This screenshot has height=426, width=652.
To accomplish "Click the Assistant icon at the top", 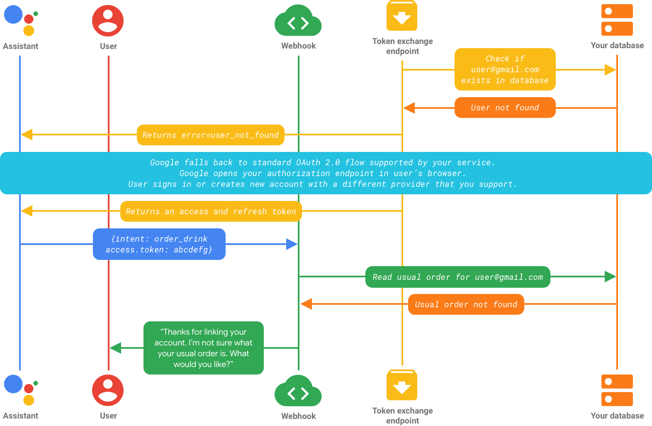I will point(20,20).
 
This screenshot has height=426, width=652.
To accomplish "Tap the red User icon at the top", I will point(108,21).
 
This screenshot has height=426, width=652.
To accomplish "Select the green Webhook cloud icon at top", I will point(298,21).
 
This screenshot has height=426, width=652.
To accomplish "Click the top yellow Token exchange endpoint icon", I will point(401,16).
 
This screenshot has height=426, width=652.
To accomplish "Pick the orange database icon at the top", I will point(617,20).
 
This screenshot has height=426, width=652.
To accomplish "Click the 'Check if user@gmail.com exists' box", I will point(505,69).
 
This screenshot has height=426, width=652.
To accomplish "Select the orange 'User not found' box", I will point(505,108).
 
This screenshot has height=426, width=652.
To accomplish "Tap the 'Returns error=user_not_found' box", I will point(210,135).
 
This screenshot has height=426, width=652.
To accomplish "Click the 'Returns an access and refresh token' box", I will point(211,211).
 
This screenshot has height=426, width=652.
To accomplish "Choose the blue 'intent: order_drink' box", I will point(159,244).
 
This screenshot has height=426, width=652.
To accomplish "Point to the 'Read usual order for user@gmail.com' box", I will point(457,277).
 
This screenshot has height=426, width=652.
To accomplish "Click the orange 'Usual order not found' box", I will point(466,304).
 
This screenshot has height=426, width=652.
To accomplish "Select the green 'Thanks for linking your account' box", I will point(203,348).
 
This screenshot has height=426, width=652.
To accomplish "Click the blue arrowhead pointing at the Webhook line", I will point(292,244).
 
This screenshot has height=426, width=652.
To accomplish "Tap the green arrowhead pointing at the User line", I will point(115,348).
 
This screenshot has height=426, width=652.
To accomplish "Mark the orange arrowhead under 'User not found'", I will point(409,108).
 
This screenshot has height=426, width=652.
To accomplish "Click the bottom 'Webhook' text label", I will point(298,416).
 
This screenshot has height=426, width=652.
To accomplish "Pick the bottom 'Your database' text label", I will point(617,416).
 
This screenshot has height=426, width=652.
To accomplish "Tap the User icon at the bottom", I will point(108,390).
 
